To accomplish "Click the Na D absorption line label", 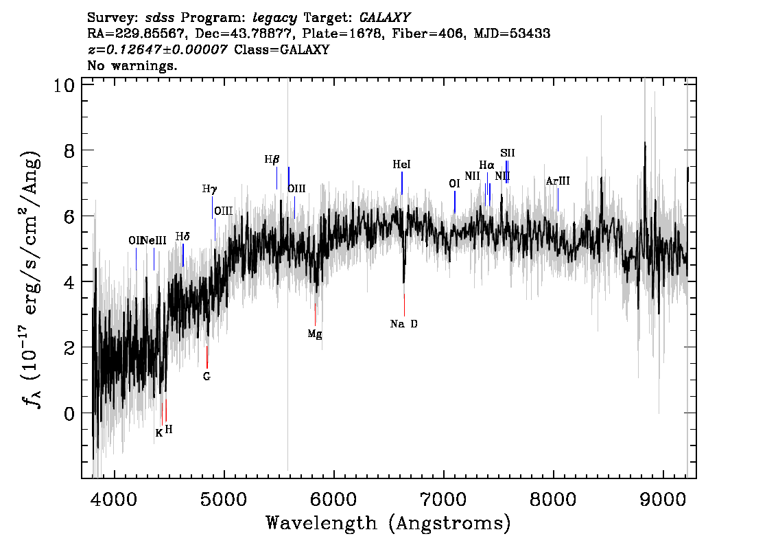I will (403, 324).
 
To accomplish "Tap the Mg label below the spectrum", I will (315, 334).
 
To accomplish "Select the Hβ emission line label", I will (272, 160).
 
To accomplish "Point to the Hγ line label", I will (209, 189).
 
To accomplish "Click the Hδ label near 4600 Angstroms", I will (182, 237).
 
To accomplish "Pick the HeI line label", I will (402, 165).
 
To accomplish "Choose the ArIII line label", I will (558, 182).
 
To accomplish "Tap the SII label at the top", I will (507, 153).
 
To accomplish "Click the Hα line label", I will (486, 165).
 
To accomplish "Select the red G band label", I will (207, 376).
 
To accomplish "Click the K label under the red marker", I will (159, 433).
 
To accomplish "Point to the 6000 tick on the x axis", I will (334, 498).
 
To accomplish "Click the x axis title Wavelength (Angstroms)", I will (388, 524).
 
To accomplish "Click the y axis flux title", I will (31, 279).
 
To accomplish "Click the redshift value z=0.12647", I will (158, 50).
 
